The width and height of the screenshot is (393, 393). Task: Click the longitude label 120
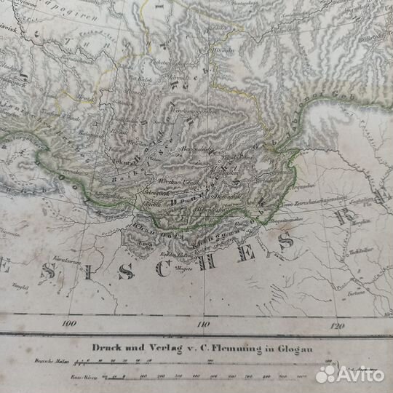336,325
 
